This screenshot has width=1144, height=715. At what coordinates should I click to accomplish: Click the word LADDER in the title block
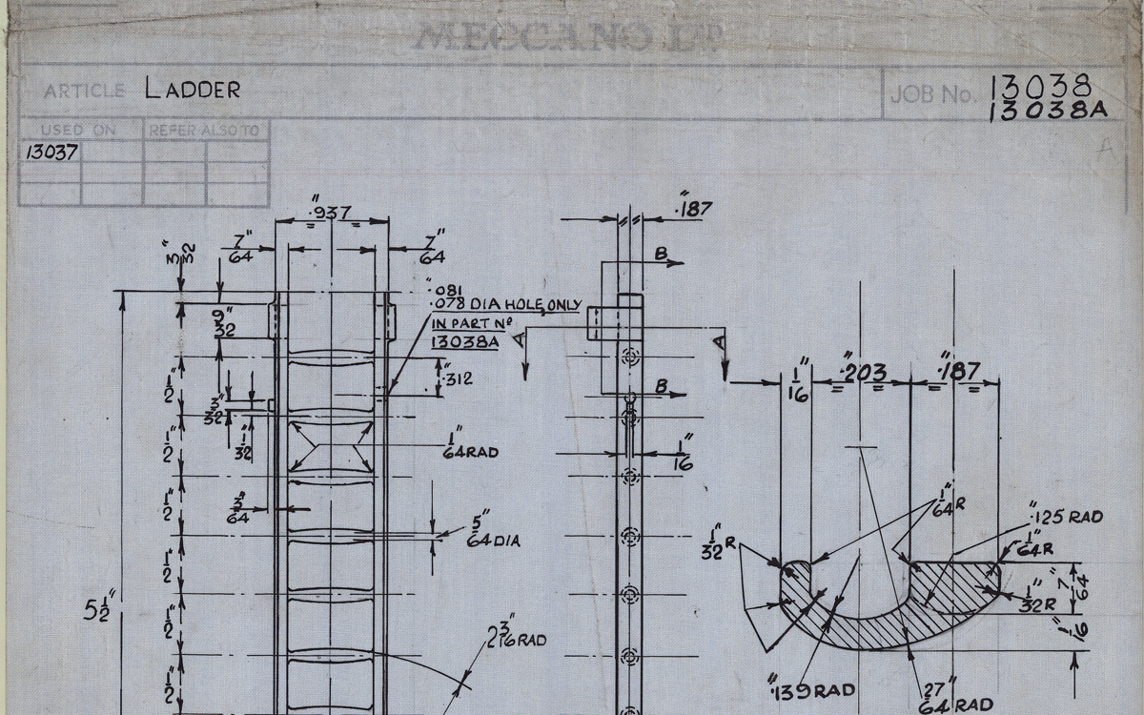point(193,91)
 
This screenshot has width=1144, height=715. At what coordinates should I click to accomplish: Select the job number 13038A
point(1048,111)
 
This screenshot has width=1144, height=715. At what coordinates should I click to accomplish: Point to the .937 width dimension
point(331,212)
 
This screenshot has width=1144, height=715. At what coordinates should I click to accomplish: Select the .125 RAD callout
point(1067,517)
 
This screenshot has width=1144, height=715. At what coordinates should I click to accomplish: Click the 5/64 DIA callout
point(494,533)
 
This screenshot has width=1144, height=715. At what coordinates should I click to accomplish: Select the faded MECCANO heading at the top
point(568,38)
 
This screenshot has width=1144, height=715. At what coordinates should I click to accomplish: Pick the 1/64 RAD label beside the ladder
point(470,444)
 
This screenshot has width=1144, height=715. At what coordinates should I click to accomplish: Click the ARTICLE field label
point(84,92)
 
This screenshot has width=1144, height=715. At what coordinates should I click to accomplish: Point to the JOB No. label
point(932,94)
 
